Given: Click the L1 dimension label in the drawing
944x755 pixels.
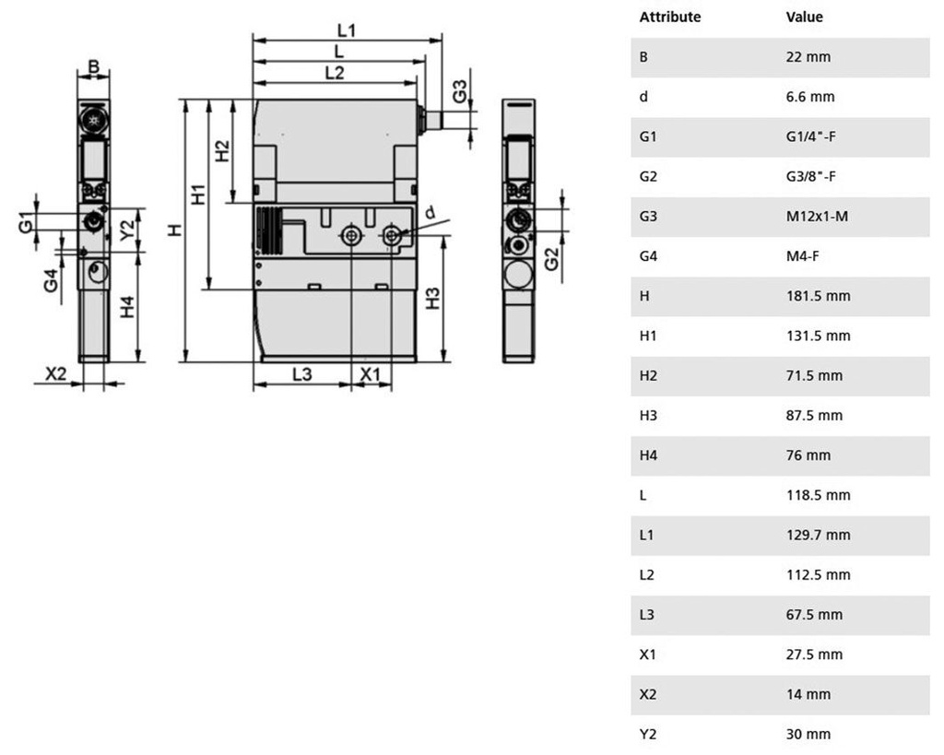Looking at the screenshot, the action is click(347, 30).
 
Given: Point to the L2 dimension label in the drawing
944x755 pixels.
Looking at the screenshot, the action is click(334, 73).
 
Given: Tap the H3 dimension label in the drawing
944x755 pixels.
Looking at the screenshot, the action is click(433, 299).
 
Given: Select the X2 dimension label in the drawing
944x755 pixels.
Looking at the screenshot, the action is click(56, 374).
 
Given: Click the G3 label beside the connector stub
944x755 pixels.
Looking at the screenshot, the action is click(460, 91).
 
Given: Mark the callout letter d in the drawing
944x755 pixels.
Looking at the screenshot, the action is click(430, 213).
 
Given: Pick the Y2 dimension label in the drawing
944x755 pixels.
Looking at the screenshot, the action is click(127, 230).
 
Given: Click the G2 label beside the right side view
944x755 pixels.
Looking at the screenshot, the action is click(551, 259).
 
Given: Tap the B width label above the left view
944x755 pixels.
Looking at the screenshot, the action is click(94, 66).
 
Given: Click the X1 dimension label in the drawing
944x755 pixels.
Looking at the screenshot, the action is click(371, 374).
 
